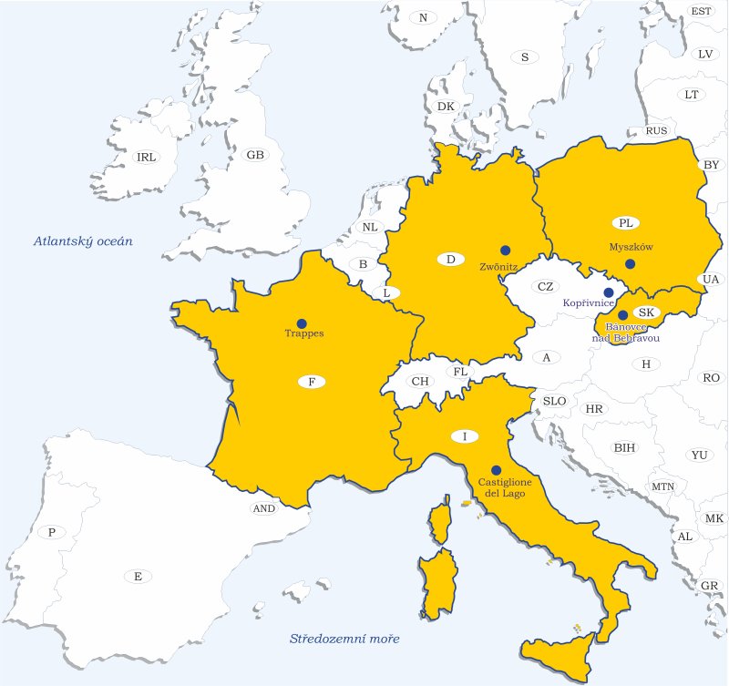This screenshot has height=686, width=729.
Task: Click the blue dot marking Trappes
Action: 302,323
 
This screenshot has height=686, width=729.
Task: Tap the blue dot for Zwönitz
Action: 505,250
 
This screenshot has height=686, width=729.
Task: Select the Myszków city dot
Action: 630,264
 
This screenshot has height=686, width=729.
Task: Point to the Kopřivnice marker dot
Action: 608,292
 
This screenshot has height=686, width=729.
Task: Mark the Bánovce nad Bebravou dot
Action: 622,314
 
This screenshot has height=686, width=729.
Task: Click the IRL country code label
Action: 146,157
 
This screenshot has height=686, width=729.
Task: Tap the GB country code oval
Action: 255,155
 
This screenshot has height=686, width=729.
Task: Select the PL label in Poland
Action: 625,222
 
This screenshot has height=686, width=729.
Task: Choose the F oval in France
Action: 312,382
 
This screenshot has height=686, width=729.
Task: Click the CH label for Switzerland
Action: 420,382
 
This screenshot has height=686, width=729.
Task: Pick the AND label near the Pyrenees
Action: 263,508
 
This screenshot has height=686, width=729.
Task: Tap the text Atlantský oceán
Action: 84,241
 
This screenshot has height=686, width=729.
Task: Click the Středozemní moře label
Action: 344,638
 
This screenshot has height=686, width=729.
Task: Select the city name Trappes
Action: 303,333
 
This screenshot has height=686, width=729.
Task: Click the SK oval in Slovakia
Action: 646,312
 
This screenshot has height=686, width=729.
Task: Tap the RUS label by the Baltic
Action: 656,130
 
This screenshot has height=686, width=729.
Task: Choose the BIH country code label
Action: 625,447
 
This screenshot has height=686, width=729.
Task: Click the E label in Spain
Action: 138,576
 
